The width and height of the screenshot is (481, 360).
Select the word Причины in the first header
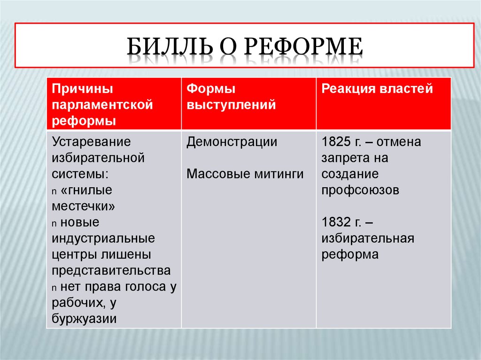(83, 89)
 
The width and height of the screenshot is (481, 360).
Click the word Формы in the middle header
(211, 89)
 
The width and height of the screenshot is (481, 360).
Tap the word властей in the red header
(405, 89)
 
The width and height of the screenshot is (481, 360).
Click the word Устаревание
(91, 142)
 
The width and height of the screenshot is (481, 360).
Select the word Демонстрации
(232, 142)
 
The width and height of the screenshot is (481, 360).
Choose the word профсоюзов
(360, 190)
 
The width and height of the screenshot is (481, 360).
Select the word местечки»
(84, 206)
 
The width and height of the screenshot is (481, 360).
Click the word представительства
(111, 270)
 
